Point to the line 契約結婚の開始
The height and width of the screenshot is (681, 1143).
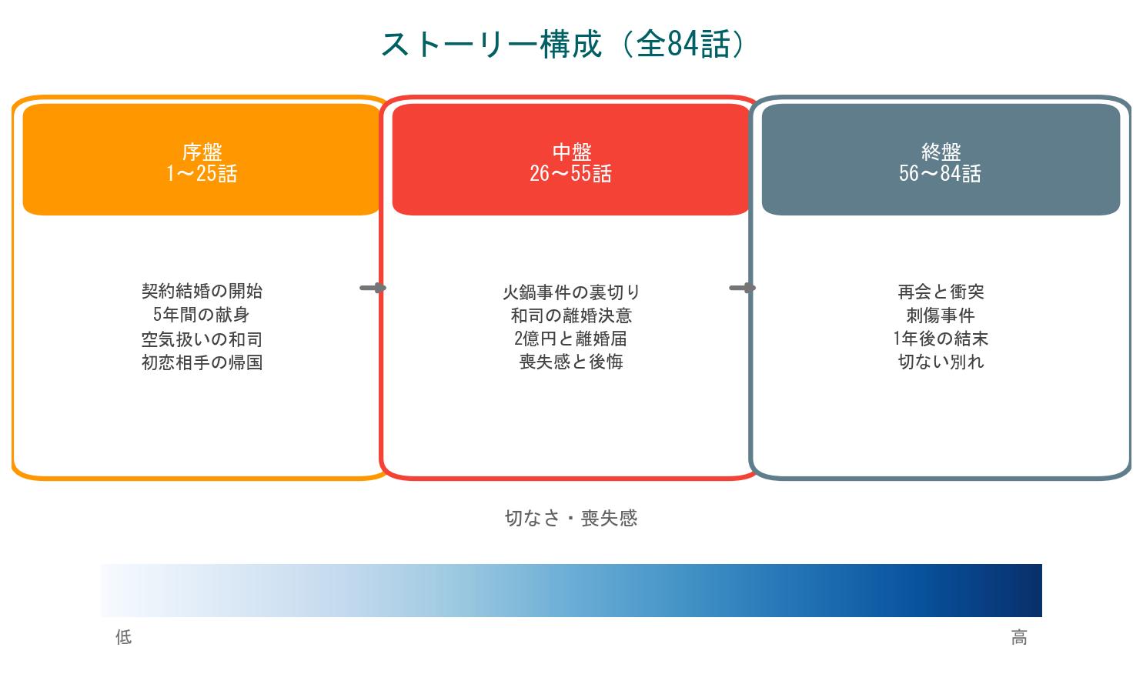[202, 291]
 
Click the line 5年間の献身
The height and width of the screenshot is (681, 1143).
[202, 315]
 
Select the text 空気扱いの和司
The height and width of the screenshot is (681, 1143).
[202, 339]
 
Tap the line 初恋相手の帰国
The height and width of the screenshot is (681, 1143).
[202, 362]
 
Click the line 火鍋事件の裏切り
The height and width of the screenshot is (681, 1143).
[571, 292]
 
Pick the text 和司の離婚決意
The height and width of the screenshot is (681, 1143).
[571, 315]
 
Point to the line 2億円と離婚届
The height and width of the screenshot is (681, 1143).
[571, 339]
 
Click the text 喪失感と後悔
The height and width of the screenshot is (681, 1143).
[571, 362]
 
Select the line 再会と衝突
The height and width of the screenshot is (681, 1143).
[941, 292]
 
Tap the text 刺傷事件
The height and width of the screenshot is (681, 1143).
[941, 315]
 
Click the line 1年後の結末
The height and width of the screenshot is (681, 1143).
[941, 339]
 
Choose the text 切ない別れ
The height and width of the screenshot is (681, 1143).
[941, 362]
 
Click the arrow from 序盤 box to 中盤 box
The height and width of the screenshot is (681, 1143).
[373, 288]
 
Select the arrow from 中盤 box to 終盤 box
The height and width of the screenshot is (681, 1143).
[742, 288]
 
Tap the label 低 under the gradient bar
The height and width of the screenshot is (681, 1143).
[124, 637]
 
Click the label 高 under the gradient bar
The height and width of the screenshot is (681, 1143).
[1019, 637]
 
